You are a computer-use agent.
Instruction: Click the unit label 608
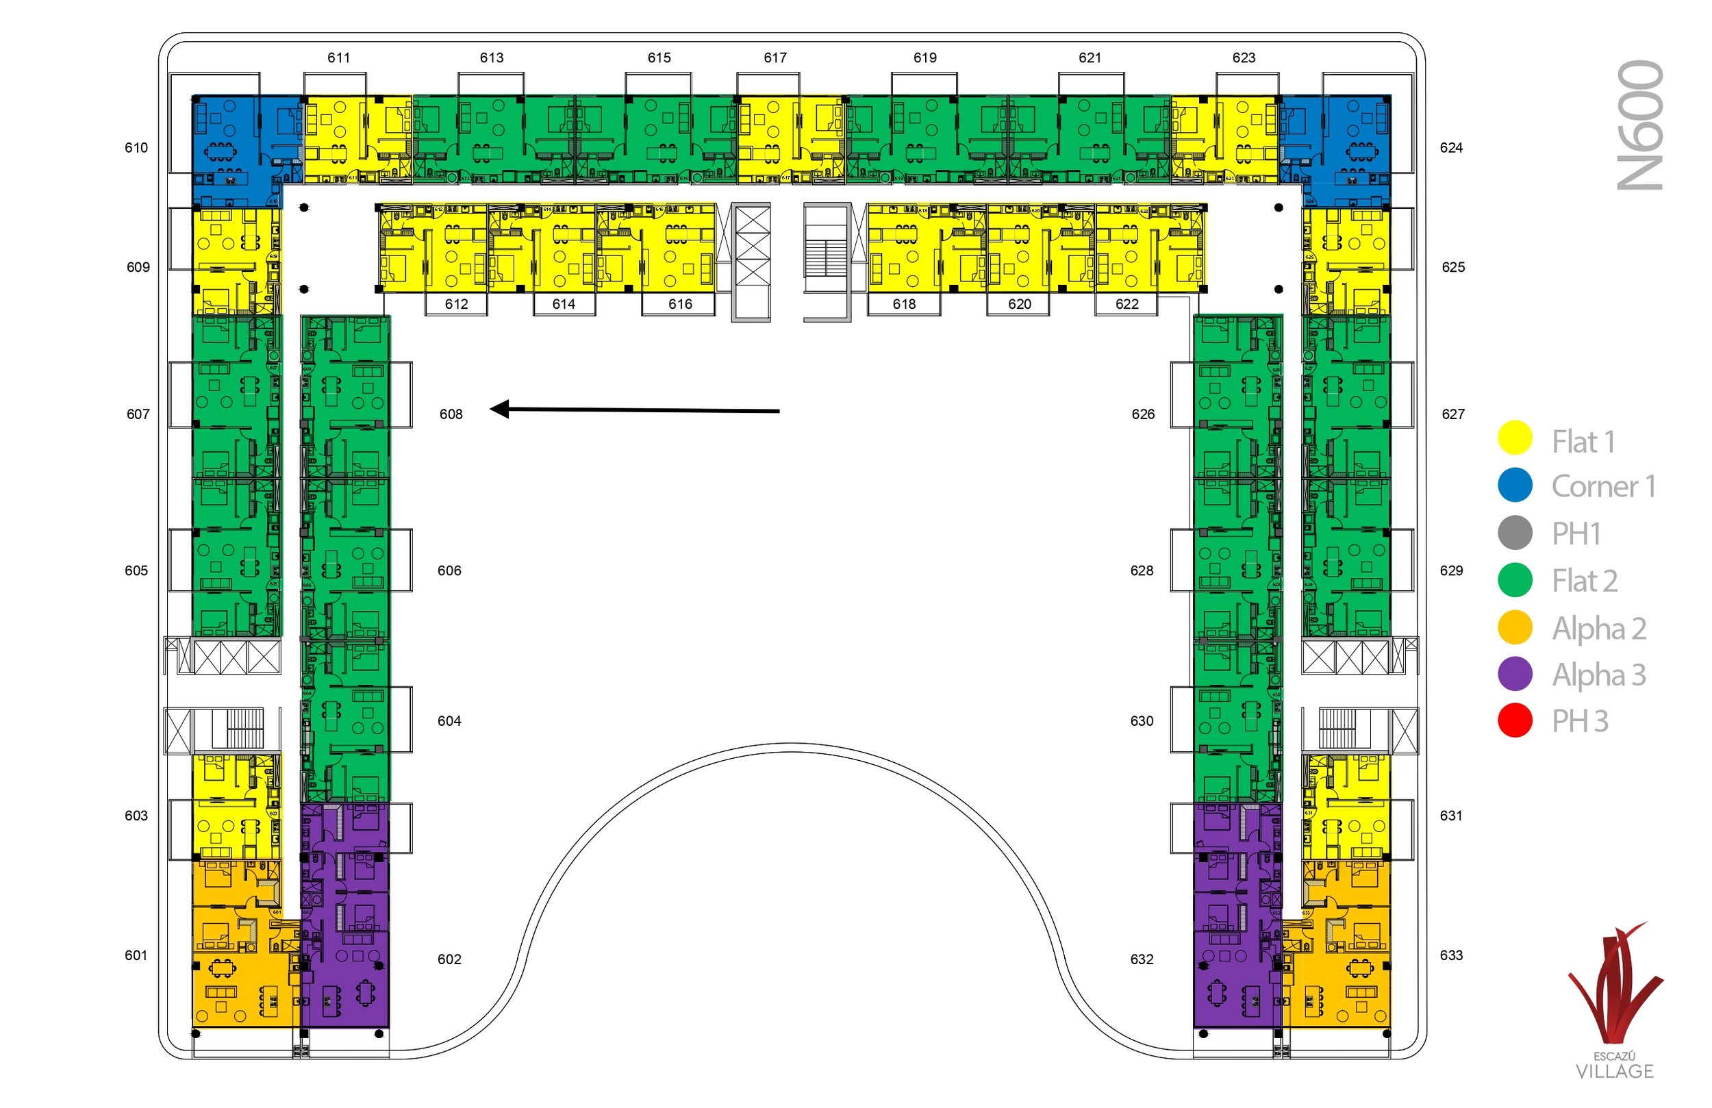451,414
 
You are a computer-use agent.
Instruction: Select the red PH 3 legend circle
1515,721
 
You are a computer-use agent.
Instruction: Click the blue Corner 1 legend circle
1515,486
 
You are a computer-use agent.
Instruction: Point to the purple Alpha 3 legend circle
1515,674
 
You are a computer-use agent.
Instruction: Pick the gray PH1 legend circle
1515,533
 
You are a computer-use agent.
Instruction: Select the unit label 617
775,58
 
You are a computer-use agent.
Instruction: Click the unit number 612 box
456,304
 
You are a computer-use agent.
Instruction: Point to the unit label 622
1126,304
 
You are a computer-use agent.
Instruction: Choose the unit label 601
136,955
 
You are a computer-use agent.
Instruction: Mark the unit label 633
1451,955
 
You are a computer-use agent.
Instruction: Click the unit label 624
1451,148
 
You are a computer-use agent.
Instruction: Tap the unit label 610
136,148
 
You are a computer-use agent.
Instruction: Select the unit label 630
1142,721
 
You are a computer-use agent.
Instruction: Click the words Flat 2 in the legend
1585,581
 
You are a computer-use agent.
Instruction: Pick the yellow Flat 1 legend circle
1515,438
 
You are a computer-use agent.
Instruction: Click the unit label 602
450,959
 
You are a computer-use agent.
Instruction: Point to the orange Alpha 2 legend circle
1515,627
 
